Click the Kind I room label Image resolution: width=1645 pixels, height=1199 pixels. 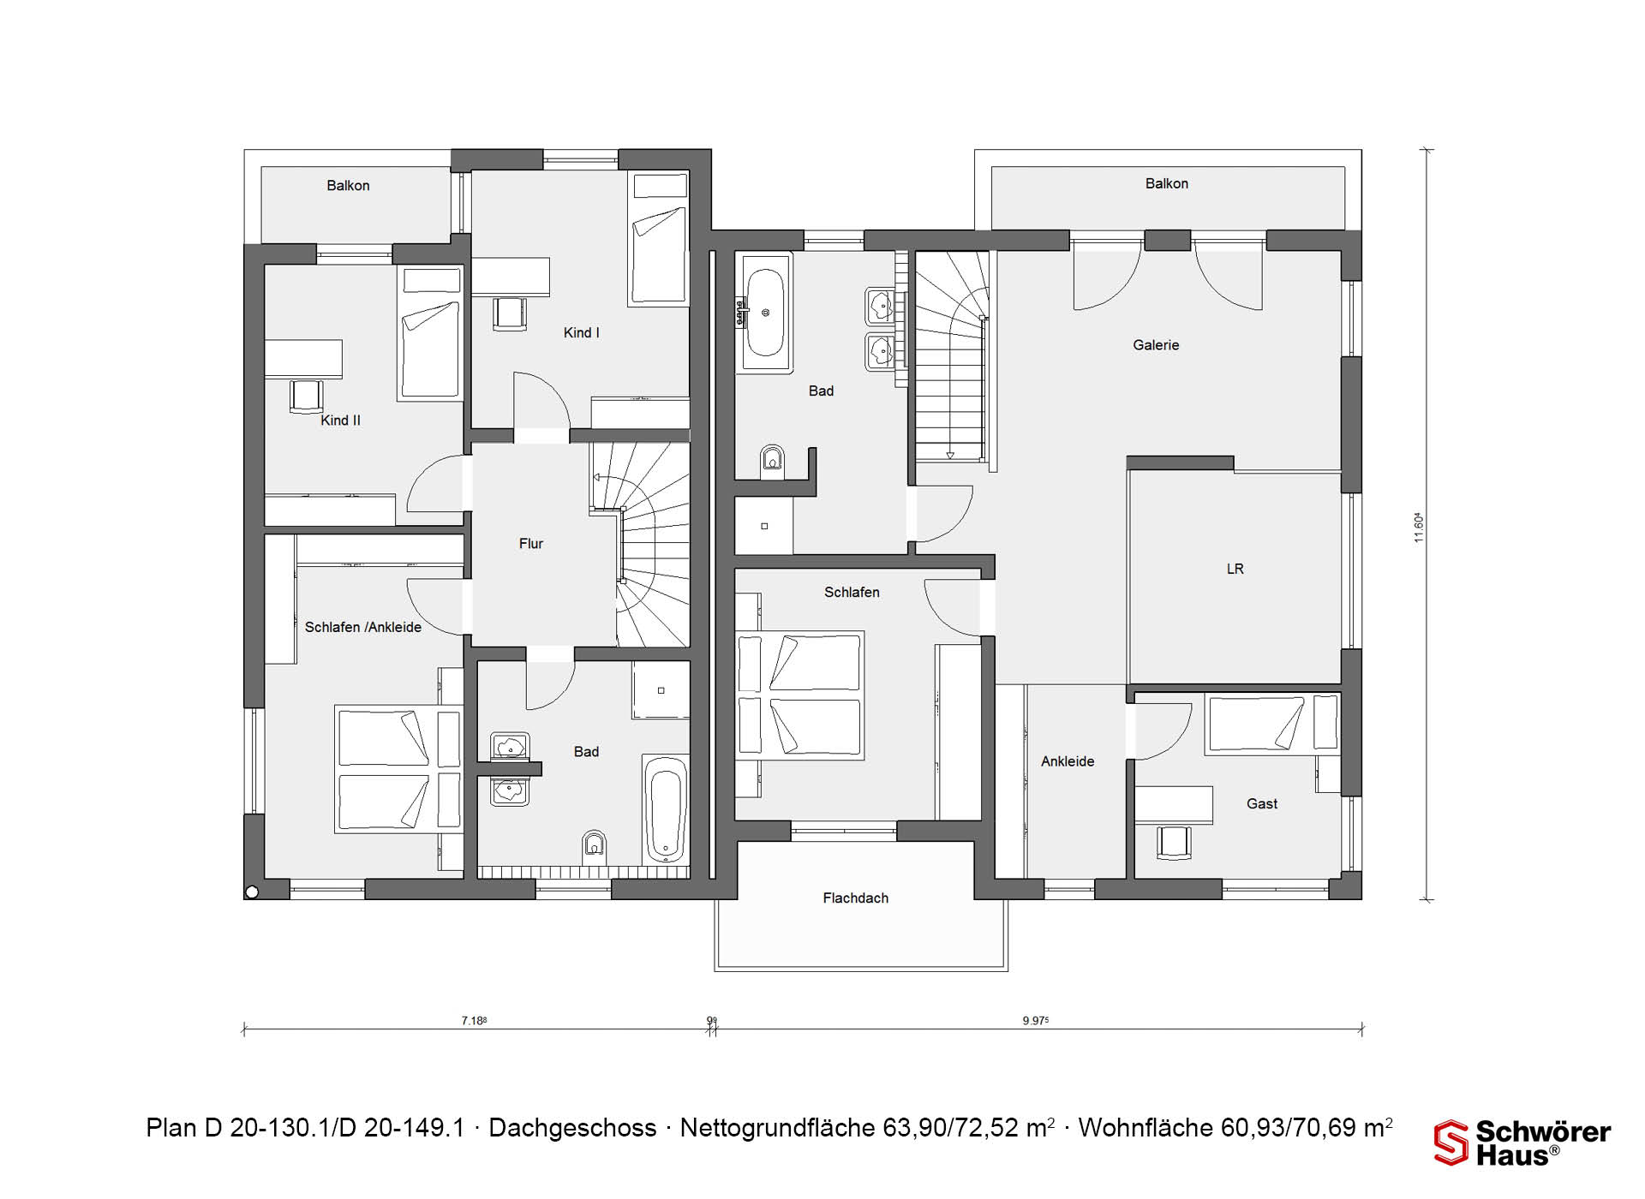(581, 332)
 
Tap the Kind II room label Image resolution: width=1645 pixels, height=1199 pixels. (340, 420)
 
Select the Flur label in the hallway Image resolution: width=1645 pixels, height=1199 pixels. (531, 543)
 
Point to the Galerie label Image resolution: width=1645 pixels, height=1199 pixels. (1156, 344)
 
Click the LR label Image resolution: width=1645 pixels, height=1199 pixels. (1235, 569)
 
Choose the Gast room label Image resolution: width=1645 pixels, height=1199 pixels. (1262, 803)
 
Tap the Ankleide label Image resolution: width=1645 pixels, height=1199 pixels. (1068, 761)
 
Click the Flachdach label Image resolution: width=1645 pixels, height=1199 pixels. (855, 898)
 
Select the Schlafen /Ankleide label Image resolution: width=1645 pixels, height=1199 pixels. (363, 627)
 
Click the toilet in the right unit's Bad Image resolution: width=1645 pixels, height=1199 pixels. (772, 459)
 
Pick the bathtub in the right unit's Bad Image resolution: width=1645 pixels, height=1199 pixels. (764, 313)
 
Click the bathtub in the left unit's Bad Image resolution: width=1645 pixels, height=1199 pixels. (666, 808)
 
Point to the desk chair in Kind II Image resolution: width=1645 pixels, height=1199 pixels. (306, 396)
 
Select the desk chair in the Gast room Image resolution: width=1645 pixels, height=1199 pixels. (1174, 842)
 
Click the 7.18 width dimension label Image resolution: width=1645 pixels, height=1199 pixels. (474, 1020)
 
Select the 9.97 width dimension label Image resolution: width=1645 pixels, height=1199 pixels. (1036, 1020)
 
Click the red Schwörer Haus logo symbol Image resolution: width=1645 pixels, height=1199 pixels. (1451, 1142)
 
